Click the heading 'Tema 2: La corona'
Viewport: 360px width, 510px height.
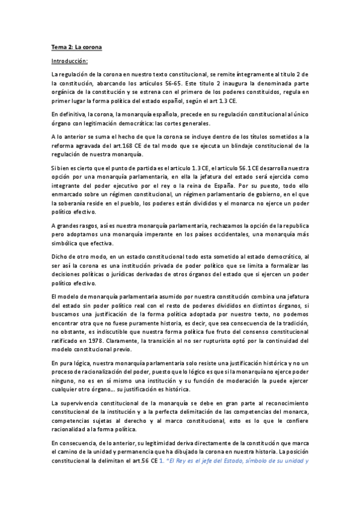[x=76, y=47]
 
